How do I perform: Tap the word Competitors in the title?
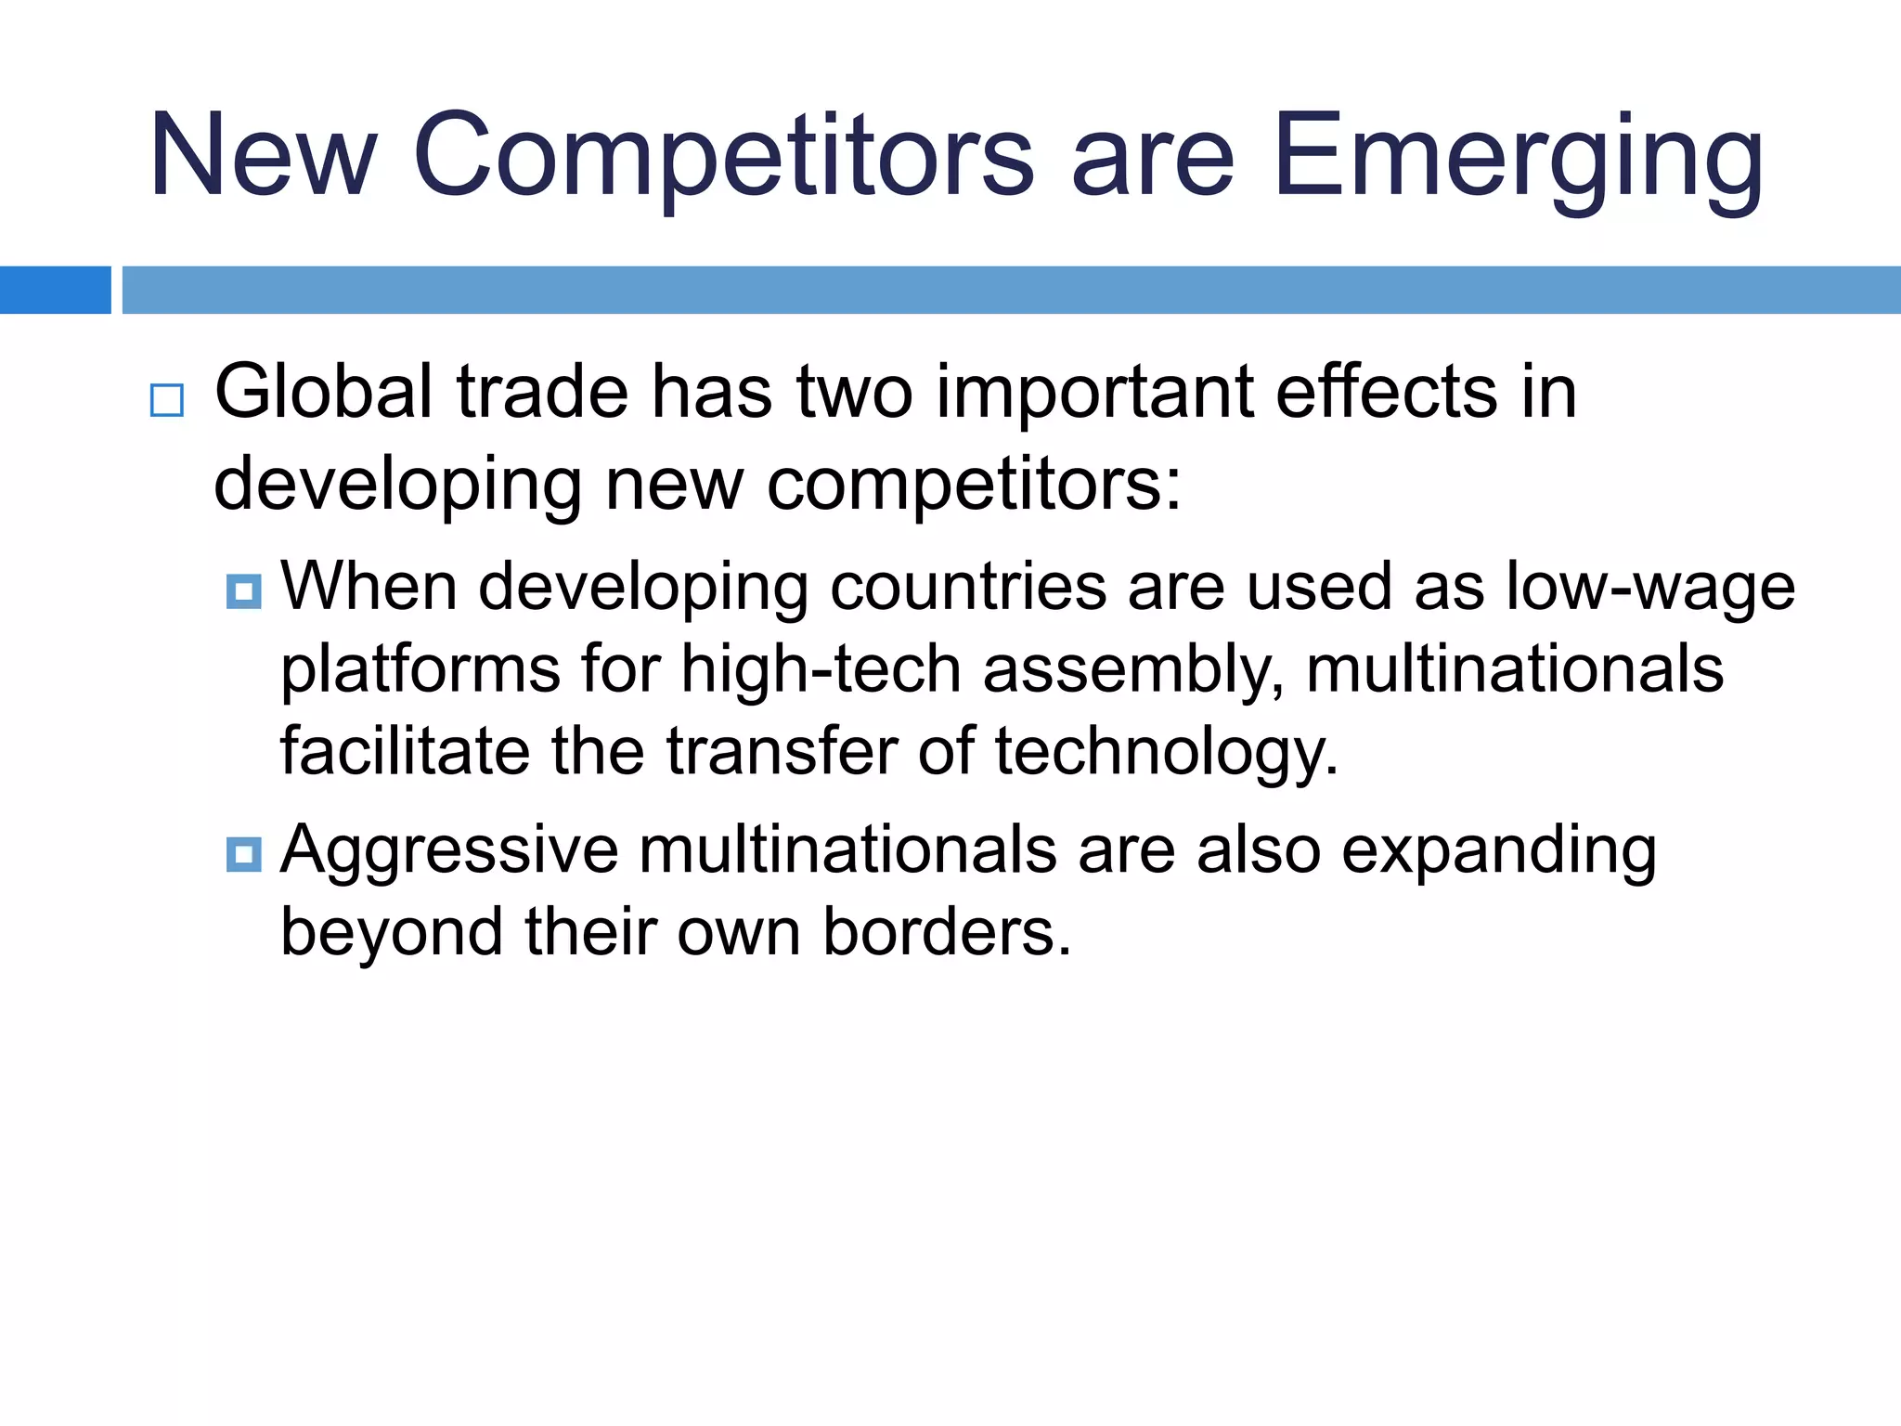coord(723,155)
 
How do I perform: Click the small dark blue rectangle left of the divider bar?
coord(55,290)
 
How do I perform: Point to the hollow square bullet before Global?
coord(167,400)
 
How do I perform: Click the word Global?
coord(323,392)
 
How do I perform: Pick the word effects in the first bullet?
coord(1386,392)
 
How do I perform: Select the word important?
coord(1094,392)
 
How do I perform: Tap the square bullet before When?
coord(244,591)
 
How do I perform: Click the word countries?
coord(968,587)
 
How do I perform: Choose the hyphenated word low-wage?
coord(1650,587)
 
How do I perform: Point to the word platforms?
coord(420,669)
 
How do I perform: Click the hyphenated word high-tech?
coord(821,669)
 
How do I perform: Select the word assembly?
coord(1132,669)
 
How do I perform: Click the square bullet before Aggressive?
coord(244,854)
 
